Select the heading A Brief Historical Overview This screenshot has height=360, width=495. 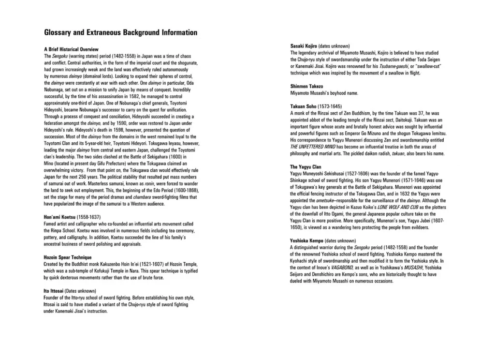[x=71, y=49]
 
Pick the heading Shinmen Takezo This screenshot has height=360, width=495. [x=306, y=86]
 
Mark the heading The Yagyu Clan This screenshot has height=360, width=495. [x=306, y=166]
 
